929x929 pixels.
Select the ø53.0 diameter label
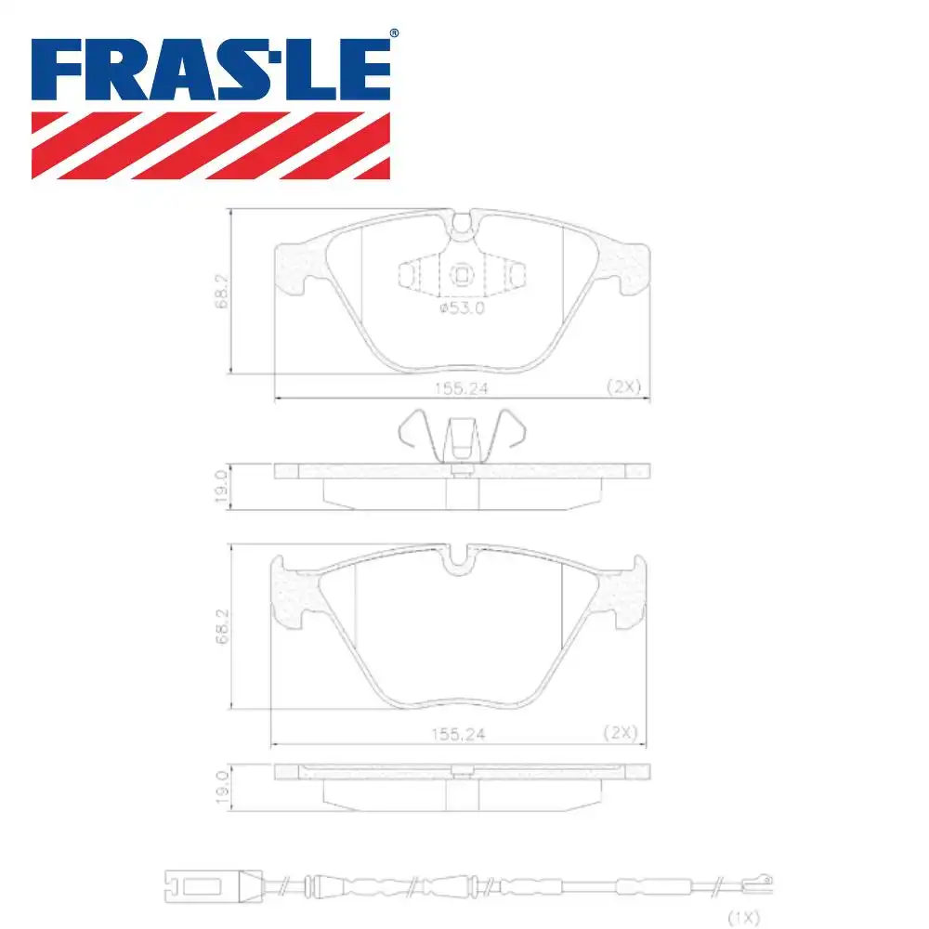[462, 308]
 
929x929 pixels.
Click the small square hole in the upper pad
[462, 274]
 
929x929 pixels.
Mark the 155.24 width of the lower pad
[458, 734]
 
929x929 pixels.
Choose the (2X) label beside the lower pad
[619, 732]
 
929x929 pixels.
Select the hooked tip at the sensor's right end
[764, 879]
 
